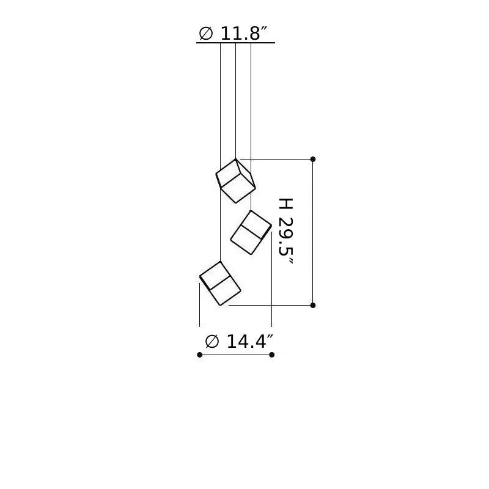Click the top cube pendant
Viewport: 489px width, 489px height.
(236, 181)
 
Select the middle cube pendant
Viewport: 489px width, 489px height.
(251, 232)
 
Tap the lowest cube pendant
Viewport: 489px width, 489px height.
(220, 283)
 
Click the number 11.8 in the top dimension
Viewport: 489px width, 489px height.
(240, 34)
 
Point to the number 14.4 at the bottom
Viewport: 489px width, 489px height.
(246, 342)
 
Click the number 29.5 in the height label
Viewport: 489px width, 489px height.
(285, 237)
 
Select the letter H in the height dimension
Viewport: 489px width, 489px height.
(285, 204)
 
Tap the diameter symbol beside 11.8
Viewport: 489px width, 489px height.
(206, 34)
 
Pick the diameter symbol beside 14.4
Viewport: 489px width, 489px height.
(212, 342)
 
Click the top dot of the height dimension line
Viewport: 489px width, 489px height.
(313, 159)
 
